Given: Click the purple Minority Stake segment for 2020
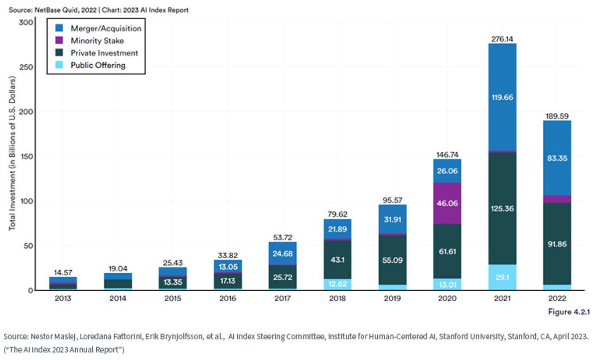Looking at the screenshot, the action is (x=447, y=203).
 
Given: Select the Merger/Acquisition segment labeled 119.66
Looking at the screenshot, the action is (x=502, y=97).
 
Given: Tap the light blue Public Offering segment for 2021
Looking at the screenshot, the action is (x=502, y=277).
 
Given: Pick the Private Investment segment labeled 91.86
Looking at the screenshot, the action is (x=557, y=243).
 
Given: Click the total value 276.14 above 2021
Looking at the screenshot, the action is (x=502, y=39).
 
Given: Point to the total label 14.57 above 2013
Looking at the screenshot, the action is (x=63, y=272).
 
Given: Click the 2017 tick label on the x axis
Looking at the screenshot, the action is (x=283, y=298).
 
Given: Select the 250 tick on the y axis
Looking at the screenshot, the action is (x=26, y=67).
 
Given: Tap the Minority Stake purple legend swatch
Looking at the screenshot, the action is (x=59, y=40).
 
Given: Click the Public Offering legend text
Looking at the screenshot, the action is (x=98, y=65).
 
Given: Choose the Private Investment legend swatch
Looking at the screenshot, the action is (x=59, y=53).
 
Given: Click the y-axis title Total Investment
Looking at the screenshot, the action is (x=12, y=153).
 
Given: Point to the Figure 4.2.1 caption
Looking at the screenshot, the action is (x=569, y=312).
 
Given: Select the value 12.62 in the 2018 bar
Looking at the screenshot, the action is (x=337, y=284).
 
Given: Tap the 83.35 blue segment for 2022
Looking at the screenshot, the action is (x=557, y=158).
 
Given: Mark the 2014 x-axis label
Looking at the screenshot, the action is (x=118, y=298).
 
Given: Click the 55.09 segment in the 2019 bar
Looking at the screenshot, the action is (x=392, y=260).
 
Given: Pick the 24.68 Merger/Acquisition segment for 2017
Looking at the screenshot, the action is (x=283, y=253).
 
